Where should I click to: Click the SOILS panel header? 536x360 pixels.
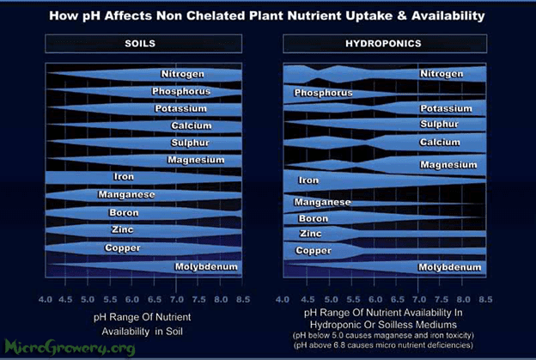tap(143, 44)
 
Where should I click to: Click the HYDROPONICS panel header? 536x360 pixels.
tap(385, 44)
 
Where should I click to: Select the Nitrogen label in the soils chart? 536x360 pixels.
tap(183, 74)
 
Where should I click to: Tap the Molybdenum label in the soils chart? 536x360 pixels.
tap(206, 266)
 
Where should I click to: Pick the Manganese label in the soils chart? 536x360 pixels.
tap(126, 194)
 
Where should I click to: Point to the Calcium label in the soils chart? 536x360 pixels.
tap(191, 125)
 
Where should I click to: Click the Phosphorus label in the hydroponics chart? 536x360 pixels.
tap(323, 93)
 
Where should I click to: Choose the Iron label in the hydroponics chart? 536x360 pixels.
tap(308, 180)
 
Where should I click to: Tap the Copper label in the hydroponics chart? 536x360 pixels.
tap(314, 251)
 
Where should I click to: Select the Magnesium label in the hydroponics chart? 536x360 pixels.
tap(448, 165)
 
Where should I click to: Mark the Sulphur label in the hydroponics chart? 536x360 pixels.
tap(439, 124)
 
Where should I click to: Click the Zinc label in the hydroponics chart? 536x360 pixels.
tap(310, 234)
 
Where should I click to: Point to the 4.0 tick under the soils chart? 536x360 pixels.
tap(46, 300)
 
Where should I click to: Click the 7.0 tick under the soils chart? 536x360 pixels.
tap(177, 300)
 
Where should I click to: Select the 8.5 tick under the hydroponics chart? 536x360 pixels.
tap(485, 300)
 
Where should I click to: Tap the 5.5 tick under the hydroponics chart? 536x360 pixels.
tap(353, 300)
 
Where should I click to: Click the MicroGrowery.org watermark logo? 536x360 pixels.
tap(70, 348)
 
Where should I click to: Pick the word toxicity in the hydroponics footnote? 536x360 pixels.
tap(460, 335)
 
